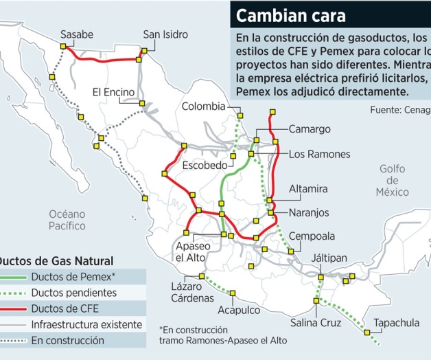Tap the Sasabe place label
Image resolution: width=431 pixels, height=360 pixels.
[x=76, y=34]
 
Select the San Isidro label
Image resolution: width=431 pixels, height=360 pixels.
[x=165, y=34]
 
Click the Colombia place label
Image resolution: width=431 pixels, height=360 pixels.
[x=203, y=106]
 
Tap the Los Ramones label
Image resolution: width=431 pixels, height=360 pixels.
[x=319, y=154]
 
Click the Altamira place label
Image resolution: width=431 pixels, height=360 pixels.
[x=308, y=188]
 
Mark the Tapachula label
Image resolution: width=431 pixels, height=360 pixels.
[x=396, y=322]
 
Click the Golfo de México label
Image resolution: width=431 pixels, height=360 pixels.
[x=392, y=180]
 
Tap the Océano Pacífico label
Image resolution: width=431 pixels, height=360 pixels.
[x=67, y=219]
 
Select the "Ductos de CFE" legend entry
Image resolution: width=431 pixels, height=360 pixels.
[x=63, y=308]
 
